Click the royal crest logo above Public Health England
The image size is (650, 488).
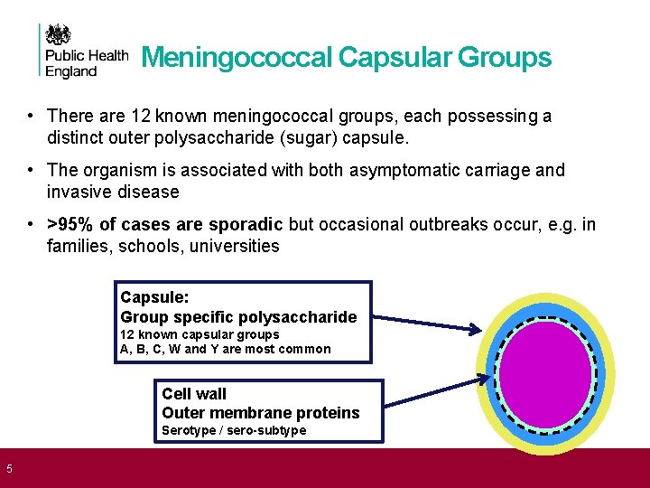click(59, 36)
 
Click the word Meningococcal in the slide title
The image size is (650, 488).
click(237, 58)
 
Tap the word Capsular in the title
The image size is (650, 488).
click(395, 58)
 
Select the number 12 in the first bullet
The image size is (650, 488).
click(140, 117)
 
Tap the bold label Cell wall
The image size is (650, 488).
click(194, 394)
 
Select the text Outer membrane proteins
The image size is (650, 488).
click(260, 413)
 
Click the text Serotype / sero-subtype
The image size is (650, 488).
click(234, 430)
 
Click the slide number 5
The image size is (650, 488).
click(9, 468)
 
